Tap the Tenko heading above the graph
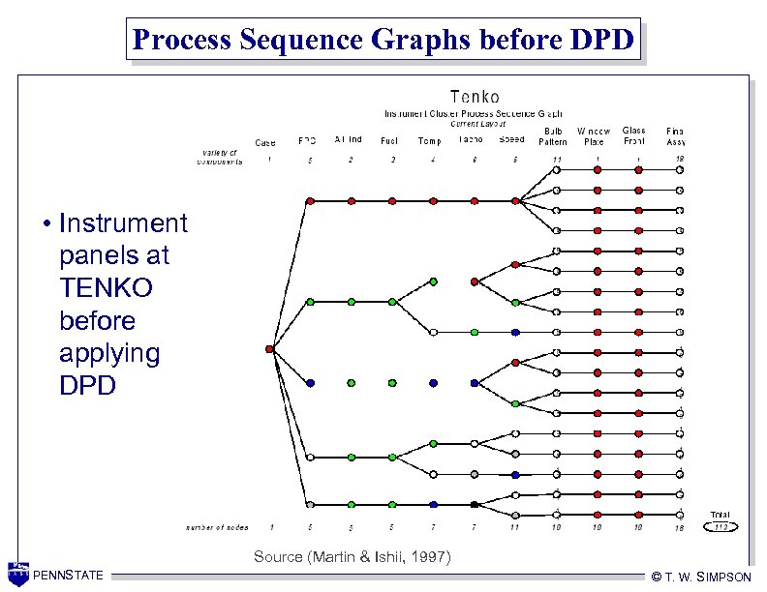(475, 97)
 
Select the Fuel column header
(389, 141)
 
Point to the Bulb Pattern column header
(554, 136)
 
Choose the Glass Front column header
(634, 136)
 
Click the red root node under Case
(269, 349)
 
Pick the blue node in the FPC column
(310, 383)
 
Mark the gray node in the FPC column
(310, 504)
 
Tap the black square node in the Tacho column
(475, 504)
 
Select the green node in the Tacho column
(475, 332)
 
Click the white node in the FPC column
(310, 457)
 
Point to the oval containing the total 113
(720, 526)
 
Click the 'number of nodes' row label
(217, 527)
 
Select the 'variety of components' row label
(222, 157)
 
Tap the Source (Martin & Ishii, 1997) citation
(352, 556)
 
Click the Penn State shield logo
(17, 574)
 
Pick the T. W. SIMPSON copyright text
(701, 577)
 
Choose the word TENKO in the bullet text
(99, 288)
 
